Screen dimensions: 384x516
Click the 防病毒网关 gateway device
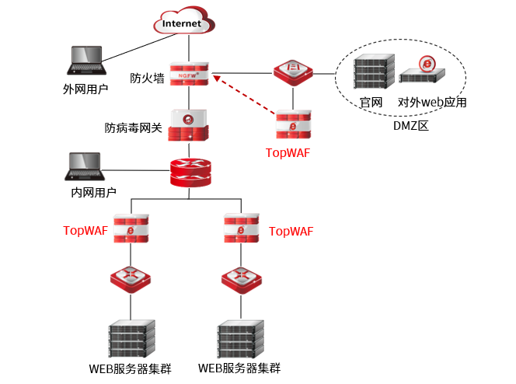point(189,126)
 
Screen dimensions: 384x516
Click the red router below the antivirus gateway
point(190,172)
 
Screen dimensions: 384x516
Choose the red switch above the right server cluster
point(240,278)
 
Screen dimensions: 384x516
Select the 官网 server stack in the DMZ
point(369,72)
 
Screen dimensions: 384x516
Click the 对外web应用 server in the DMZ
point(423,72)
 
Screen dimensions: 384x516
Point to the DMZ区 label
point(411,125)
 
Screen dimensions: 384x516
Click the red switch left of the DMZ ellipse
point(293,72)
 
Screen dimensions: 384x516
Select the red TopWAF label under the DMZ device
point(288,152)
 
